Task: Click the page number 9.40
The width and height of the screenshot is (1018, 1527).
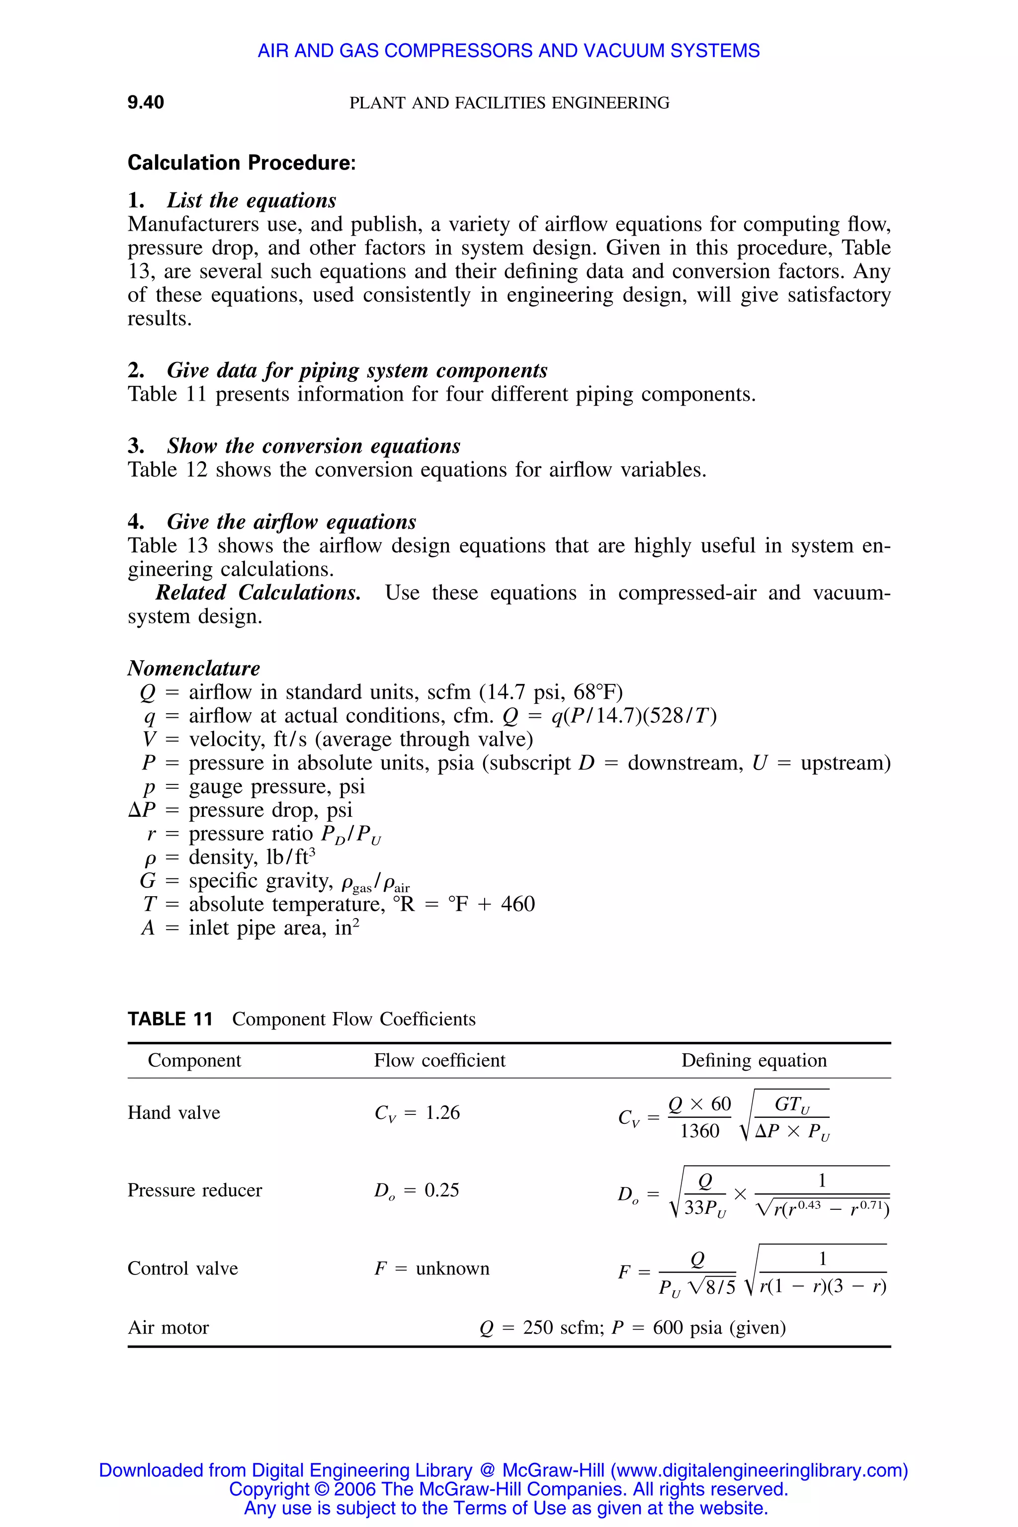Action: point(146,102)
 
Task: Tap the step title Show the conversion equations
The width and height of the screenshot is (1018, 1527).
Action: point(314,446)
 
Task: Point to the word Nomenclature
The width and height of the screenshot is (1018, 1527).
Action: point(193,668)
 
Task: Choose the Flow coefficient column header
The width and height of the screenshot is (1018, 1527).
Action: point(439,1060)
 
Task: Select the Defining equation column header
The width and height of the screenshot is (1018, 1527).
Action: point(754,1060)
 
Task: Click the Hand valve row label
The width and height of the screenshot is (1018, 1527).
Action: point(174,1113)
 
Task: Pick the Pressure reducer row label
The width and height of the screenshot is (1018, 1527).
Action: point(195,1190)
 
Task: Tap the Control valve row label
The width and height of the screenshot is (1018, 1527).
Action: point(182,1268)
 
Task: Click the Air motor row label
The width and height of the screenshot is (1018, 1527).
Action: point(168,1327)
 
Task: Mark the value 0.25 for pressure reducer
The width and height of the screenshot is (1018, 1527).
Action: point(441,1190)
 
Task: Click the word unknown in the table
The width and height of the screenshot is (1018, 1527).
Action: point(452,1268)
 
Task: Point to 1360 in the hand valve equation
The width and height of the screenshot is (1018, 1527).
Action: point(700,1131)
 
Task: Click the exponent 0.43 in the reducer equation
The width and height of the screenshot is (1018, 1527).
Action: point(809,1205)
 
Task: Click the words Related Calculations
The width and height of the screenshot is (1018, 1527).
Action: point(258,593)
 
